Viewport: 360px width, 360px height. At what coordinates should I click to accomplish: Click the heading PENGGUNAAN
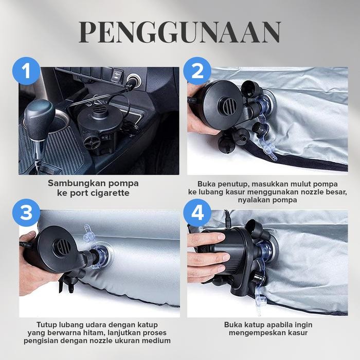pos(180,32)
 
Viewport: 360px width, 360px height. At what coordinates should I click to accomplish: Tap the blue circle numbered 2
pos(197,72)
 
